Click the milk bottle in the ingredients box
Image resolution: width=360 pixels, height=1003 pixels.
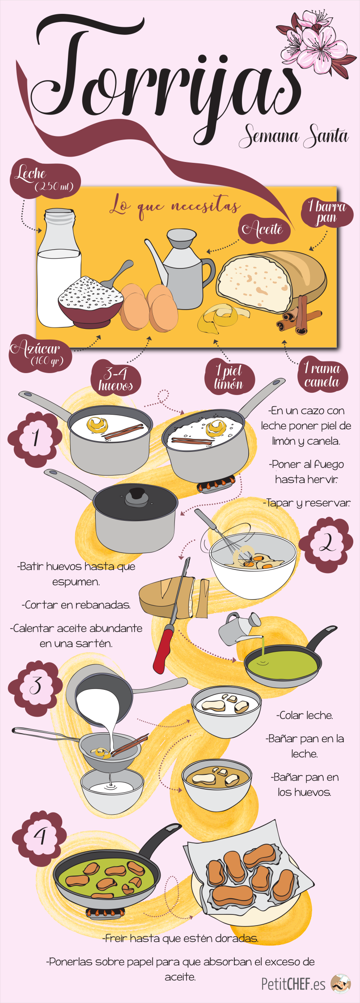[x=58, y=268]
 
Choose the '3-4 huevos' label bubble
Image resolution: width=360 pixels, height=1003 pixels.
[x=116, y=379]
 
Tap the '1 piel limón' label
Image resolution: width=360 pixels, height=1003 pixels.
[x=229, y=377]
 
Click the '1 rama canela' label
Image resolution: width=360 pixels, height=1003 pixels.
[x=322, y=375]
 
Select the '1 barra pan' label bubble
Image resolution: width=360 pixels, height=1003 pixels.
[x=327, y=212]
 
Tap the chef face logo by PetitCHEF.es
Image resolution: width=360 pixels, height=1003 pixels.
[x=341, y=984]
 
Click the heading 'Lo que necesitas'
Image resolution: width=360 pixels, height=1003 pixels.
[x=175, y=206]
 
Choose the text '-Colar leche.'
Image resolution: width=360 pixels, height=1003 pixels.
[x=305, y=715]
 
